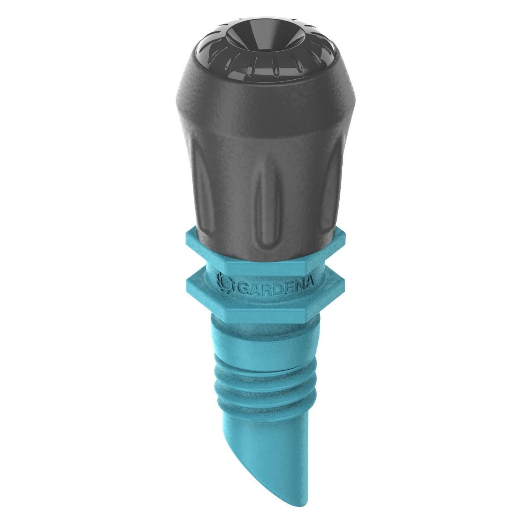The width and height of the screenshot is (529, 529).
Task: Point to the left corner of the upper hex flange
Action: (186, 239)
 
